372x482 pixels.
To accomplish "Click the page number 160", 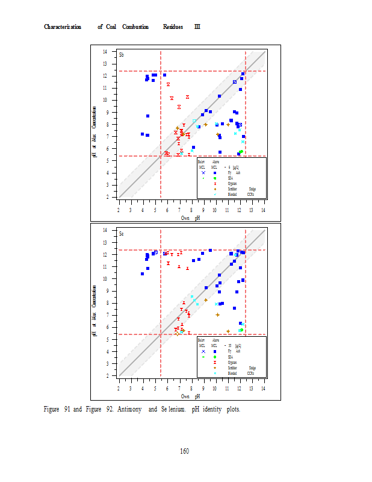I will coord(185,451).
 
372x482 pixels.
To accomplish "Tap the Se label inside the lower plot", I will coord(122,233).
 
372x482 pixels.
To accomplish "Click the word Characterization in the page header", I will coord(63,27).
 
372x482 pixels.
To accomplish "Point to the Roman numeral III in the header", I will coord(197,27).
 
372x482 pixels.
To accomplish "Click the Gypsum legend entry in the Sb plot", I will coord(232,183).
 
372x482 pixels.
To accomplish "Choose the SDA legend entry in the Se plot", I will coord(230,357).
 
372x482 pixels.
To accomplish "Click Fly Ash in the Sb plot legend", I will coord(234,172).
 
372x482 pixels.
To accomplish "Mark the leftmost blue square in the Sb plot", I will coord(143,134).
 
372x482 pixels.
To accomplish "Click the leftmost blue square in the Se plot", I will coord(143,274).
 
